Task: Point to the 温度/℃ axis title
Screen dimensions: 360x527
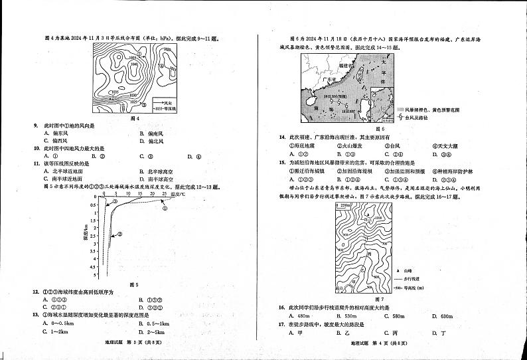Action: coord(179,195)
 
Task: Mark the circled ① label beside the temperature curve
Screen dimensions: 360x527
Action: coord(164,209)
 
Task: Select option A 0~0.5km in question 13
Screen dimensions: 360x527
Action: coord(57,323)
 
